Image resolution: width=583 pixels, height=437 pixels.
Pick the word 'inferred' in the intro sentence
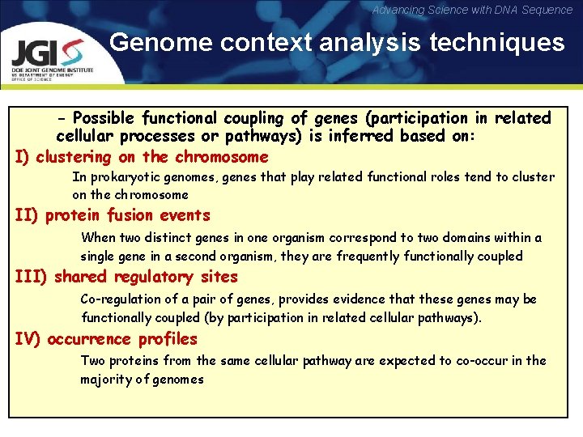tap(365, 136)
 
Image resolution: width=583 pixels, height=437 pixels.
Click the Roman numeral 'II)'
tap(28, 215)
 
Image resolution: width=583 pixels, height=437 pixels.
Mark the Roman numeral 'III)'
tap(32, 277)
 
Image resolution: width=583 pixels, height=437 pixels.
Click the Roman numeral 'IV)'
tap(28, 338)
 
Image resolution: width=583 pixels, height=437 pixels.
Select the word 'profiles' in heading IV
tap(168, 338)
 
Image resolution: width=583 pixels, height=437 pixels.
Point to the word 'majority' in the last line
tap(105, 379)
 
